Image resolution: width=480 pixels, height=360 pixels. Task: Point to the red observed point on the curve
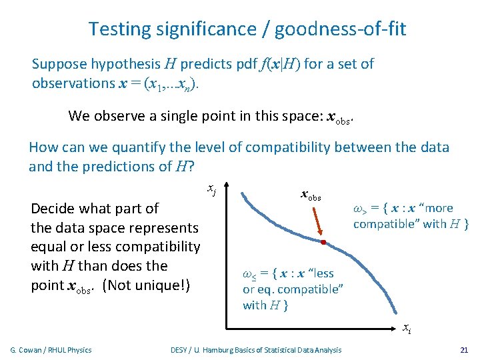(323, 242)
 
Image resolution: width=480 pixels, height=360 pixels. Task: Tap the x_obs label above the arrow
(311, 196)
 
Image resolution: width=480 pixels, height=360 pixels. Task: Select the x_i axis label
(406, 328)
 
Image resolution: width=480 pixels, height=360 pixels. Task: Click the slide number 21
(464, 350)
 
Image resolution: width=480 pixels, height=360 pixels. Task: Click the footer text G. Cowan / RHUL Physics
(51, 350)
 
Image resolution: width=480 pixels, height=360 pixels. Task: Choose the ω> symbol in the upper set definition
(360, 208)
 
